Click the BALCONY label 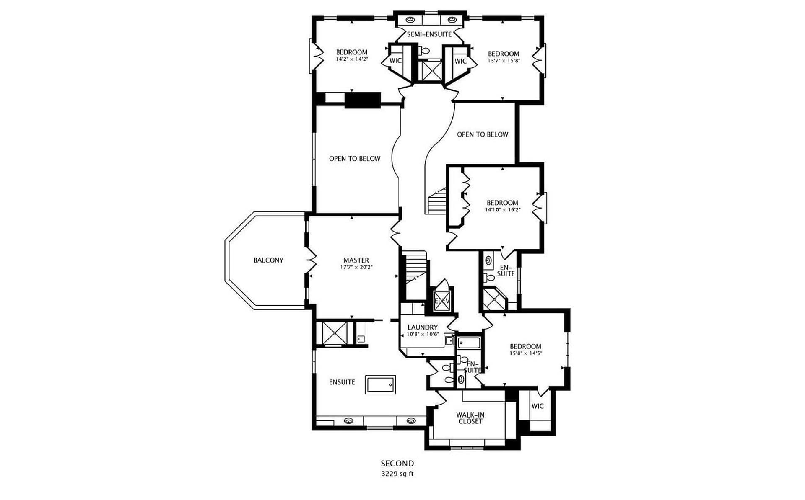[x=268, y=260]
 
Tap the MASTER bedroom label [x=356, y=260]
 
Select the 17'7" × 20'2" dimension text [x=356, y=267]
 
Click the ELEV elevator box [x=441, y=301]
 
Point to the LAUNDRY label [x=423, y=327]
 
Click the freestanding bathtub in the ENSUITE [x=380, y=384]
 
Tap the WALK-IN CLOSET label [x=470, y=418]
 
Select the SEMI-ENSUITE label [x=429, y=34]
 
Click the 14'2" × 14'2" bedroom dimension [x=352, y=59]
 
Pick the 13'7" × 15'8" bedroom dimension [x=504, y=61]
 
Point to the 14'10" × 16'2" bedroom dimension [x=503, y=210]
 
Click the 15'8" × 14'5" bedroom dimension [x=526, y=353]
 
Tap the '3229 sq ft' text [x=397, y=474]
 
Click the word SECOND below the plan [x=397, y=464]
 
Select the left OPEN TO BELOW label [x=355, y=159]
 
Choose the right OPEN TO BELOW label [x=483, y=134]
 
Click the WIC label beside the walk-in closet [x=538, y=406]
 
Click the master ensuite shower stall [x=335, y=333]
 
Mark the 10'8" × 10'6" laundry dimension [x=423, y=335]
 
